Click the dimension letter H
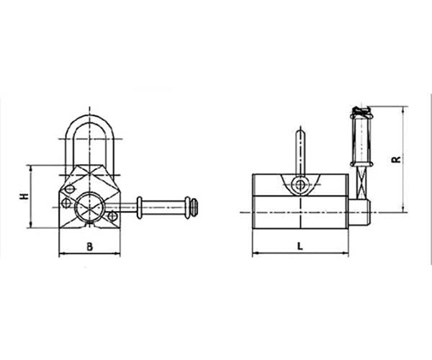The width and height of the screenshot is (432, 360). [24, 197]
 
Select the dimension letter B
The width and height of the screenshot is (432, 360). [89, 247]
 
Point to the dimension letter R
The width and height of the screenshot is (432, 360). [396, 160]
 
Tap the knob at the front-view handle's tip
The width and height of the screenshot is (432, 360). [192, 206]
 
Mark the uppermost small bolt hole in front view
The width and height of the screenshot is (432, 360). [70, 190]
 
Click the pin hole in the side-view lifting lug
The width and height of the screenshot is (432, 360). [300, 184]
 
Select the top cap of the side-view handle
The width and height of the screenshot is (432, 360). [360, 112]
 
